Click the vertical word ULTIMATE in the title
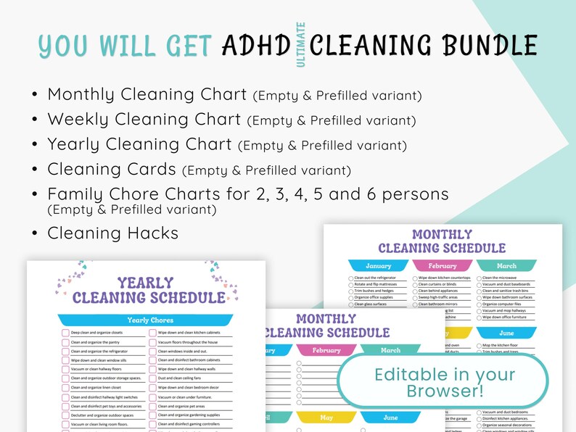[x=300, y=45]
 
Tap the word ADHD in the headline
[x=258, y=45]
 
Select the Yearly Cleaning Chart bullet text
[x=140, y=144]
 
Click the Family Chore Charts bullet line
[x=248, y=194]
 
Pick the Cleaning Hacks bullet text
[x=112, y=233]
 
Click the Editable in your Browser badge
[x=445, y=383]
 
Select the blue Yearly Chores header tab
[x=150, y=320]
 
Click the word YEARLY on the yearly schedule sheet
[x=145, y=283]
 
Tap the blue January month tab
[x=378, y=266]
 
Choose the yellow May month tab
[x=326, y=418]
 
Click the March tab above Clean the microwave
[x=506, y=266]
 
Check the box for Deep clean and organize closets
[x=65, y=333]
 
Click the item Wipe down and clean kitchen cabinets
[x=187, y=333]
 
